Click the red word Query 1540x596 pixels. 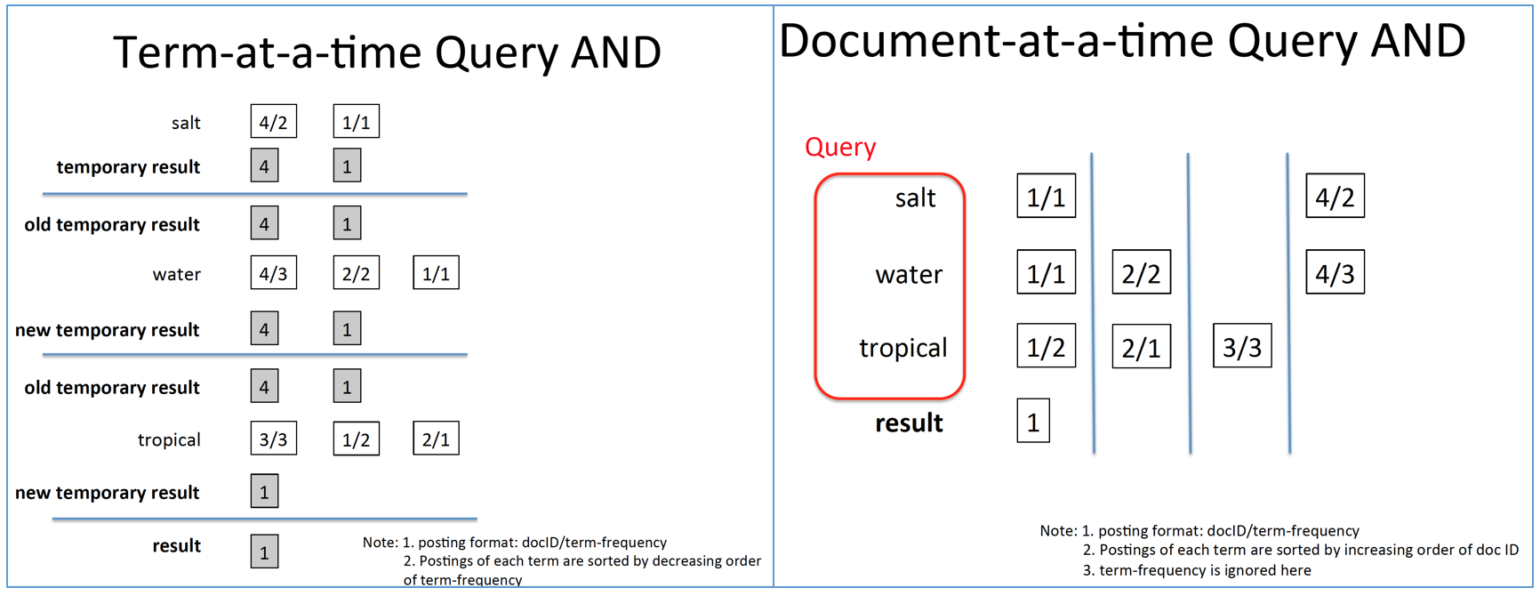pos(840,147)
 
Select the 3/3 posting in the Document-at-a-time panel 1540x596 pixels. pos(1242,346)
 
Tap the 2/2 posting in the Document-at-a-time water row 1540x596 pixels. pos(1141,273)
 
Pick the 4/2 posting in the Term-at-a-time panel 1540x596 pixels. pos(273,122)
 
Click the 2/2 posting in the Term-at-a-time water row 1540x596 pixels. pos(356,273)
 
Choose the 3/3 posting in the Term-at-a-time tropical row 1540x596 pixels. pos(273,439)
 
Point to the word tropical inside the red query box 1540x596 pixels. pos(902,348)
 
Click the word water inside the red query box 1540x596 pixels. pos(908,274)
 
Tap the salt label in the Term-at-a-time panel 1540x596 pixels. pos(186,123)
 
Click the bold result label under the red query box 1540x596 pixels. pos(909,423)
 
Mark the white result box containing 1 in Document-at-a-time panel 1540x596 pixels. pos(1033,421)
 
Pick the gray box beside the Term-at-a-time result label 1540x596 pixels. pos(264,552)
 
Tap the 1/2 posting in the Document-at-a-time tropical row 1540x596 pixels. pos(1046,346)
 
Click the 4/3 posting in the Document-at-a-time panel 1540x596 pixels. pos(1335,273)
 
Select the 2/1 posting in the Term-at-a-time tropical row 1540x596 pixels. pos(436,439)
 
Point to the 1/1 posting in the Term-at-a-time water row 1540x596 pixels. pos(436,273)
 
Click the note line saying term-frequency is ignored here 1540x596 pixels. pos(1196,570)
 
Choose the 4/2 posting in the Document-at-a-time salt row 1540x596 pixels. pos(1335,197)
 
